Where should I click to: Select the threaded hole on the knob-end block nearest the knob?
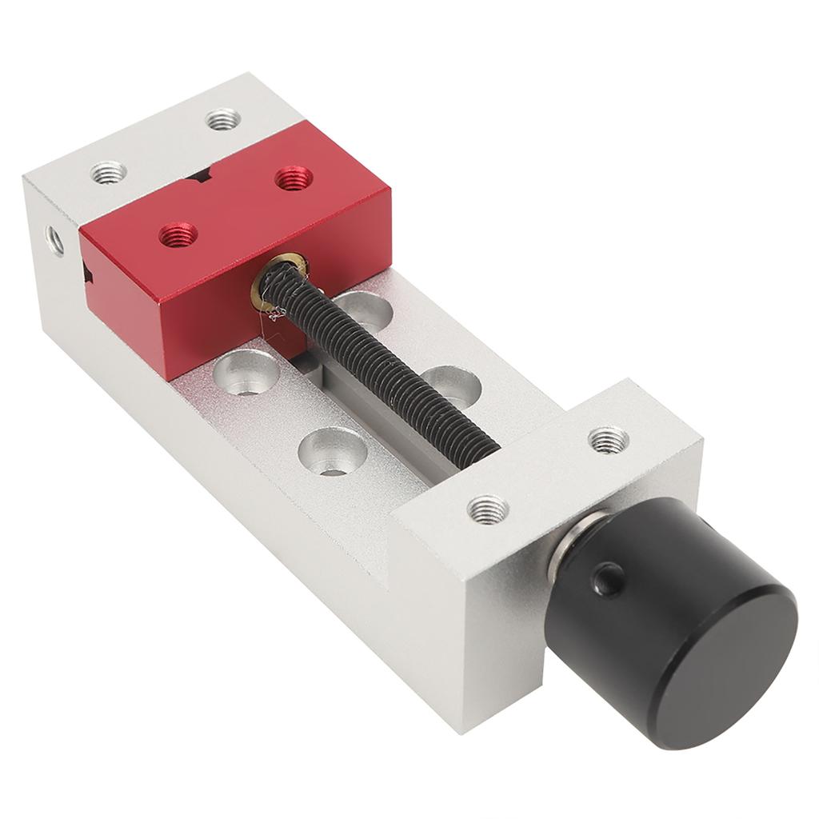pos(488,509)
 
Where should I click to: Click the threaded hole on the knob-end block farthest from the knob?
pos(608,439)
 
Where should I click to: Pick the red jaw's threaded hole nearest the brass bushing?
pos(178,235)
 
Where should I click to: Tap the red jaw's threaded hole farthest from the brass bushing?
pos(294,178)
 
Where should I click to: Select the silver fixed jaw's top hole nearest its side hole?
pos(109,172)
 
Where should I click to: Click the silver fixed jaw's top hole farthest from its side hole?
pos(223,120)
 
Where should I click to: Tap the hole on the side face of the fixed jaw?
pos(54,240)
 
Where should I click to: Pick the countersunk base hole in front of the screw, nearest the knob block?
pos(332,453)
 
